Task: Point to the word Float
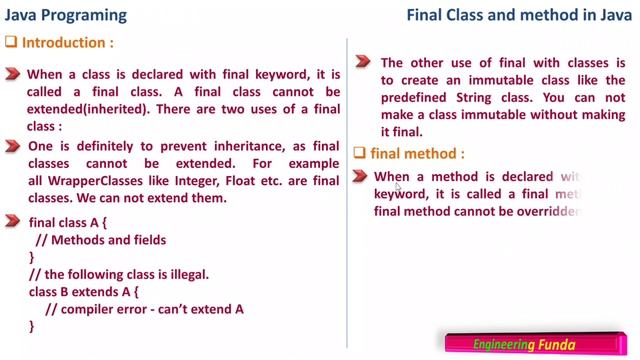click(x=257, y=180)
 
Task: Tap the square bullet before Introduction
click(x=11, y=44)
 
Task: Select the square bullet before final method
click(x=361, y=153)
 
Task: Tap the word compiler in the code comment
click(x=90, y=309)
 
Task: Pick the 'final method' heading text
click(x=417, y=153)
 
